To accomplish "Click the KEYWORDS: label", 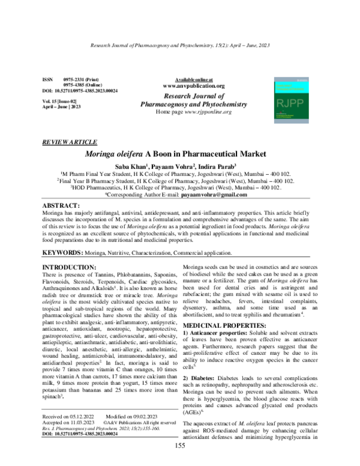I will pos(63,255).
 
